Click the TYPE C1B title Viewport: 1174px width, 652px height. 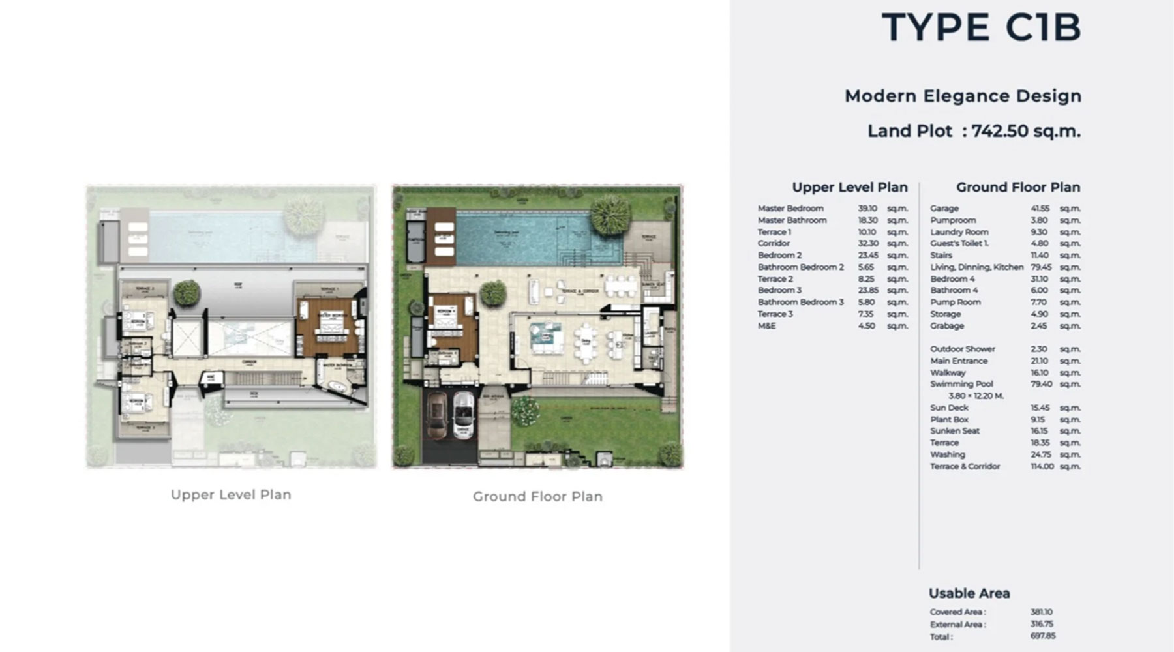click(981, 28)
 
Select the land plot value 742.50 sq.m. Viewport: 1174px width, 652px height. click(1025, 131)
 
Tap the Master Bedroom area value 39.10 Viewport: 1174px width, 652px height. click(867, 209)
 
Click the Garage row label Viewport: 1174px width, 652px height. click(944, 209)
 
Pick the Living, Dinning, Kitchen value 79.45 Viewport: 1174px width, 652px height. click(1040, 267)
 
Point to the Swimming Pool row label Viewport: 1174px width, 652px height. click(961, 384)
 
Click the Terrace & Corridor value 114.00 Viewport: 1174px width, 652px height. click(1042, 467)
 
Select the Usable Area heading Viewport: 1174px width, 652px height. click(969, 593)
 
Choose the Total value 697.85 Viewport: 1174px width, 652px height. click(1042, 636)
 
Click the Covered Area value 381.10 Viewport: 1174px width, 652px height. click(1041, 612)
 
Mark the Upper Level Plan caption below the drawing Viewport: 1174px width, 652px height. click(231, 495)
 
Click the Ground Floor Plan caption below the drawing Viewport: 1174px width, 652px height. click(537, 497)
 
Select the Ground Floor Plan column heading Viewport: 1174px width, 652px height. click(1017, 188)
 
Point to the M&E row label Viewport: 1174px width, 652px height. click(766, 326)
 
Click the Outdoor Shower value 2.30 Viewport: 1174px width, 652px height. click(1038, 349)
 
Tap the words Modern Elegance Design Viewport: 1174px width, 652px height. click(963, 96)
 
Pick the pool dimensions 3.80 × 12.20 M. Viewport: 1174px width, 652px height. click(976, 396)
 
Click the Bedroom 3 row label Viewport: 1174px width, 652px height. click(779, 291)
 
